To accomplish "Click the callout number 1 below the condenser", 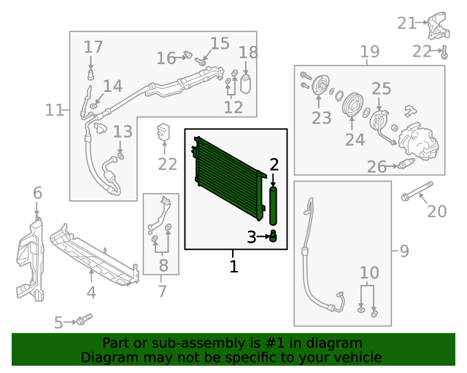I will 234,267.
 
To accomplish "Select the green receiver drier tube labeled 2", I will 274,206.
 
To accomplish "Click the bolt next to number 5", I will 84,319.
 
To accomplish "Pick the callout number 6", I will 37,193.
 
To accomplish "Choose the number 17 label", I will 93,47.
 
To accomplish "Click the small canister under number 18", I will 247,83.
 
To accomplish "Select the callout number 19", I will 370,52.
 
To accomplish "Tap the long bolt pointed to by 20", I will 417,189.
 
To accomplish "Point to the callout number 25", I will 382,89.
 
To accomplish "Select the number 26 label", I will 377,167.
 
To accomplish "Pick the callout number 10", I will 369,272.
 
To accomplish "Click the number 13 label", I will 123,132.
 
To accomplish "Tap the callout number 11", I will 55,110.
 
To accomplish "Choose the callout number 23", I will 321,118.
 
